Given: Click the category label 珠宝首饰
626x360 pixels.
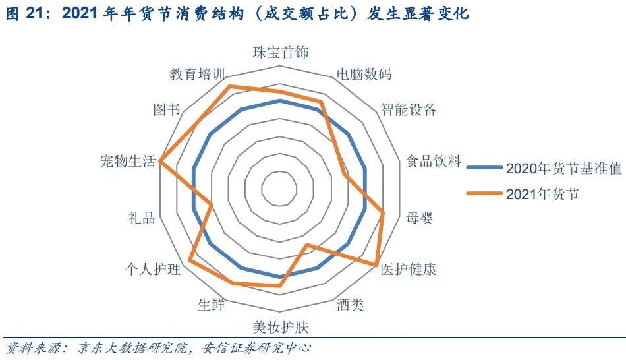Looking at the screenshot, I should (x=280, y=53).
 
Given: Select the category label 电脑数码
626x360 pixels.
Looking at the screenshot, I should (x=364, y=74).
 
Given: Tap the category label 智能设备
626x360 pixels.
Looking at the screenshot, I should (x=409, y=109).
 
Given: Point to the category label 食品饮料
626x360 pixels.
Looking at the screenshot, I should (x=433, y=162).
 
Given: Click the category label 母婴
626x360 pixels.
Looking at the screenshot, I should (x=420, y=218).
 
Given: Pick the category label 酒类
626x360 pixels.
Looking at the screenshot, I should (x=349, y=305).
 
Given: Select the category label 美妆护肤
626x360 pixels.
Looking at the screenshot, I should (x=280, y=326).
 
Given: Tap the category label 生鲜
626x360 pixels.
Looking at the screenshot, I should (x=211, y=305).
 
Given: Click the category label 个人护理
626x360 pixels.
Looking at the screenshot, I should (x=153, y=269).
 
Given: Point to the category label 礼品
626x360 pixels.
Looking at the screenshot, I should (x=142, y=218).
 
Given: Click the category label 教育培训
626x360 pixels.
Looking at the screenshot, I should (x=196, y=74).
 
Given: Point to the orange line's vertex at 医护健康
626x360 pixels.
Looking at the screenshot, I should (x=377, y=265).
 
